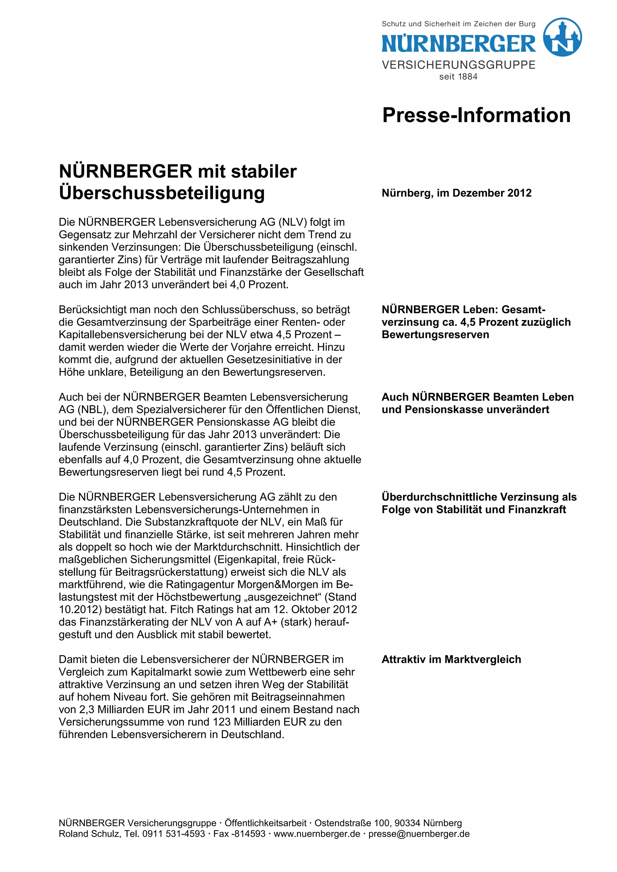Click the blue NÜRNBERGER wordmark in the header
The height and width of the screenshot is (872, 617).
click(459, 43)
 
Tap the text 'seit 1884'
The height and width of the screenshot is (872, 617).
click(458, 77)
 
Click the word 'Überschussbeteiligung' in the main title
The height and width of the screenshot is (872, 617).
click(162, 193)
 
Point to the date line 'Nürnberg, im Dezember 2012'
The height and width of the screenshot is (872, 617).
click(456, 193)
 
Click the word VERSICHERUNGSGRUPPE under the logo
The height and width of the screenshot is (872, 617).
click(459, 65)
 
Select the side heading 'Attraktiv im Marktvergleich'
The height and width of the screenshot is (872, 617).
click(451, 659)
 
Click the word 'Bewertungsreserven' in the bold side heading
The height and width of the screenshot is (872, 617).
click(435, 335)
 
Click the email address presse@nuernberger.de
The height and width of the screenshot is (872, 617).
click(419, 834)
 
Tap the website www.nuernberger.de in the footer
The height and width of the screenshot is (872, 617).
click(317, 834)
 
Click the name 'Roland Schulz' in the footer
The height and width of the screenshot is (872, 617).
click(89, 834)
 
